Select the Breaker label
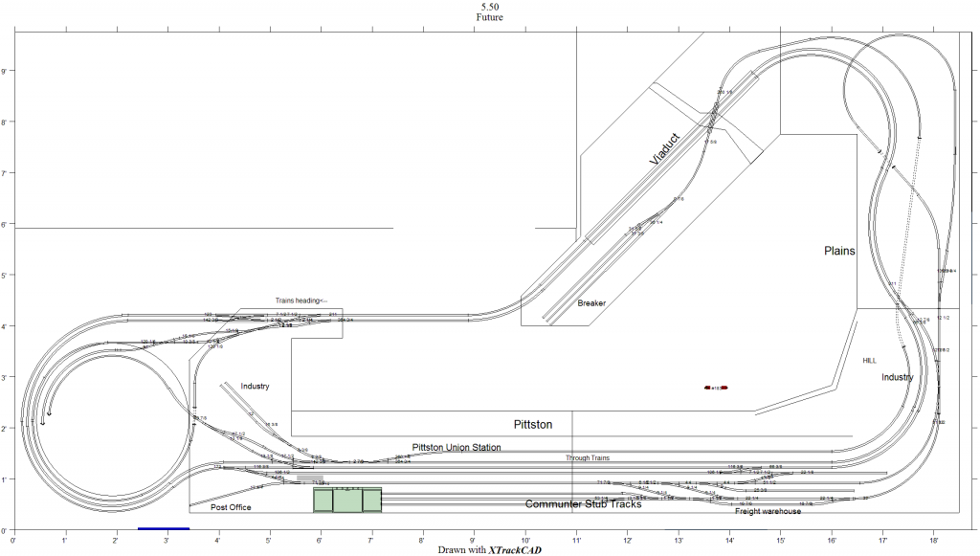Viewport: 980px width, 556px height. (591, 303)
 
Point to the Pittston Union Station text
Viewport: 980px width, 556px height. (457, 447)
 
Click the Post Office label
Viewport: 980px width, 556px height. (231, 507)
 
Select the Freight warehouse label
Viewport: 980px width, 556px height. (768, 511)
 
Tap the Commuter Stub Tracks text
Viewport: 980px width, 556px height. (582, 503)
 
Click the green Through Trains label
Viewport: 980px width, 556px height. (588, 458)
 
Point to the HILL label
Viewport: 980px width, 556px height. (869, 361)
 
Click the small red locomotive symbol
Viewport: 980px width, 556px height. (717, 388)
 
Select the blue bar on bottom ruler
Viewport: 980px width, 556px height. (164, 528)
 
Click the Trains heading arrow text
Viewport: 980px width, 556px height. (301, 300)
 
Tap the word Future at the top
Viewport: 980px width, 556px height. (489, 17)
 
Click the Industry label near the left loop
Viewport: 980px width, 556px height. (255, 387)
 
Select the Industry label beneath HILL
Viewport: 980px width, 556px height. (898, 377)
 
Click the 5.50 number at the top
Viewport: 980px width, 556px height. (489, 7)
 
